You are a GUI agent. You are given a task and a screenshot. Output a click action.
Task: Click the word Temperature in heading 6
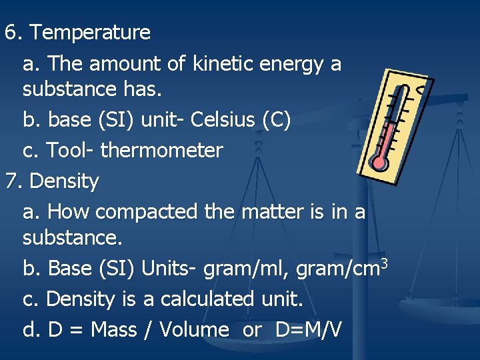90,32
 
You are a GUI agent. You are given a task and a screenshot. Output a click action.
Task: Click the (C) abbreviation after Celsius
276,120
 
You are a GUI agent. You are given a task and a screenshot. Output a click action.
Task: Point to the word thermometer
161,151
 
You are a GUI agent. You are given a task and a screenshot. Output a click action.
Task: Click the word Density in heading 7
65,181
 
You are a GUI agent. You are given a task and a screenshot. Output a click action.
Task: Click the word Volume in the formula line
194,329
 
